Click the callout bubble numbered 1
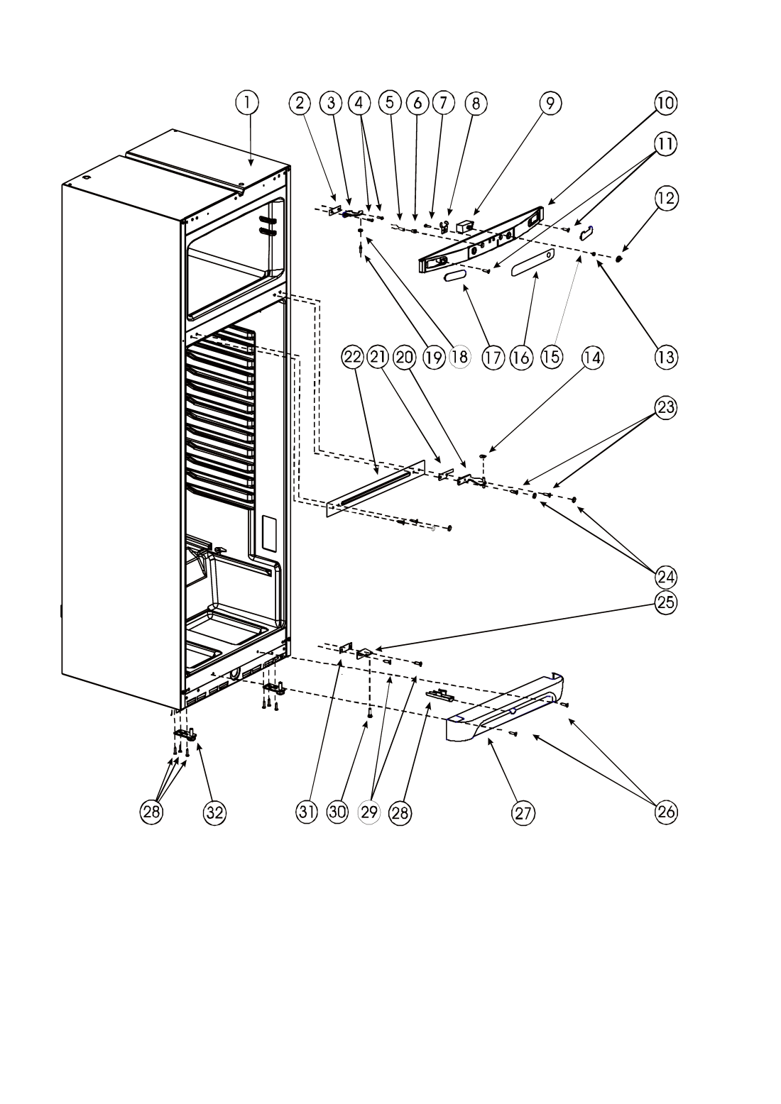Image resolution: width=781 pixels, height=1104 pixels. click(247, 102)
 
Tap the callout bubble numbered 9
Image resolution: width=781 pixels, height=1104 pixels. click(550, 103)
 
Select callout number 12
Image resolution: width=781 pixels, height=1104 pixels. click(666, 198)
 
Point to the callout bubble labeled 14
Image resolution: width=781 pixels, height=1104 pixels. click(592, 358)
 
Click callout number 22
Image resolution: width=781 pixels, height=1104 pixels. click(353, 358)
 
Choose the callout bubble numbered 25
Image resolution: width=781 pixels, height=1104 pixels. click(666, 602)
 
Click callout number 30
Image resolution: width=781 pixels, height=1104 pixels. click(338, 812)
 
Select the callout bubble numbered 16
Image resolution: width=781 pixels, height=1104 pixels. click(521, 357)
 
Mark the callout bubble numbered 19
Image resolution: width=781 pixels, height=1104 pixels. click(434, 358)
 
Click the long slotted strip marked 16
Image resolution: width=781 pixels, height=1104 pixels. click(533, 263)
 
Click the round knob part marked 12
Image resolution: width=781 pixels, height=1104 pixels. click(619, 259)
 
